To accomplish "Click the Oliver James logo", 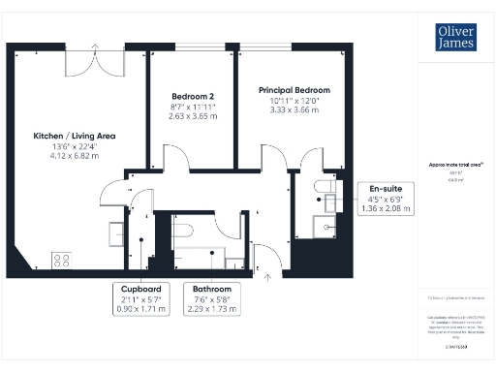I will point(453,38).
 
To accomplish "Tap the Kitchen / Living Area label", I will point(75,137).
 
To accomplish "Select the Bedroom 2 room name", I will point(192,97).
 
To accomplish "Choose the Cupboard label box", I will point(140,298).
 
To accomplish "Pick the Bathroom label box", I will point(210,298).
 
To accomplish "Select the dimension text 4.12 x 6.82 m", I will point(75,154).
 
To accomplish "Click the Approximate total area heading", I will point(455,166).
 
